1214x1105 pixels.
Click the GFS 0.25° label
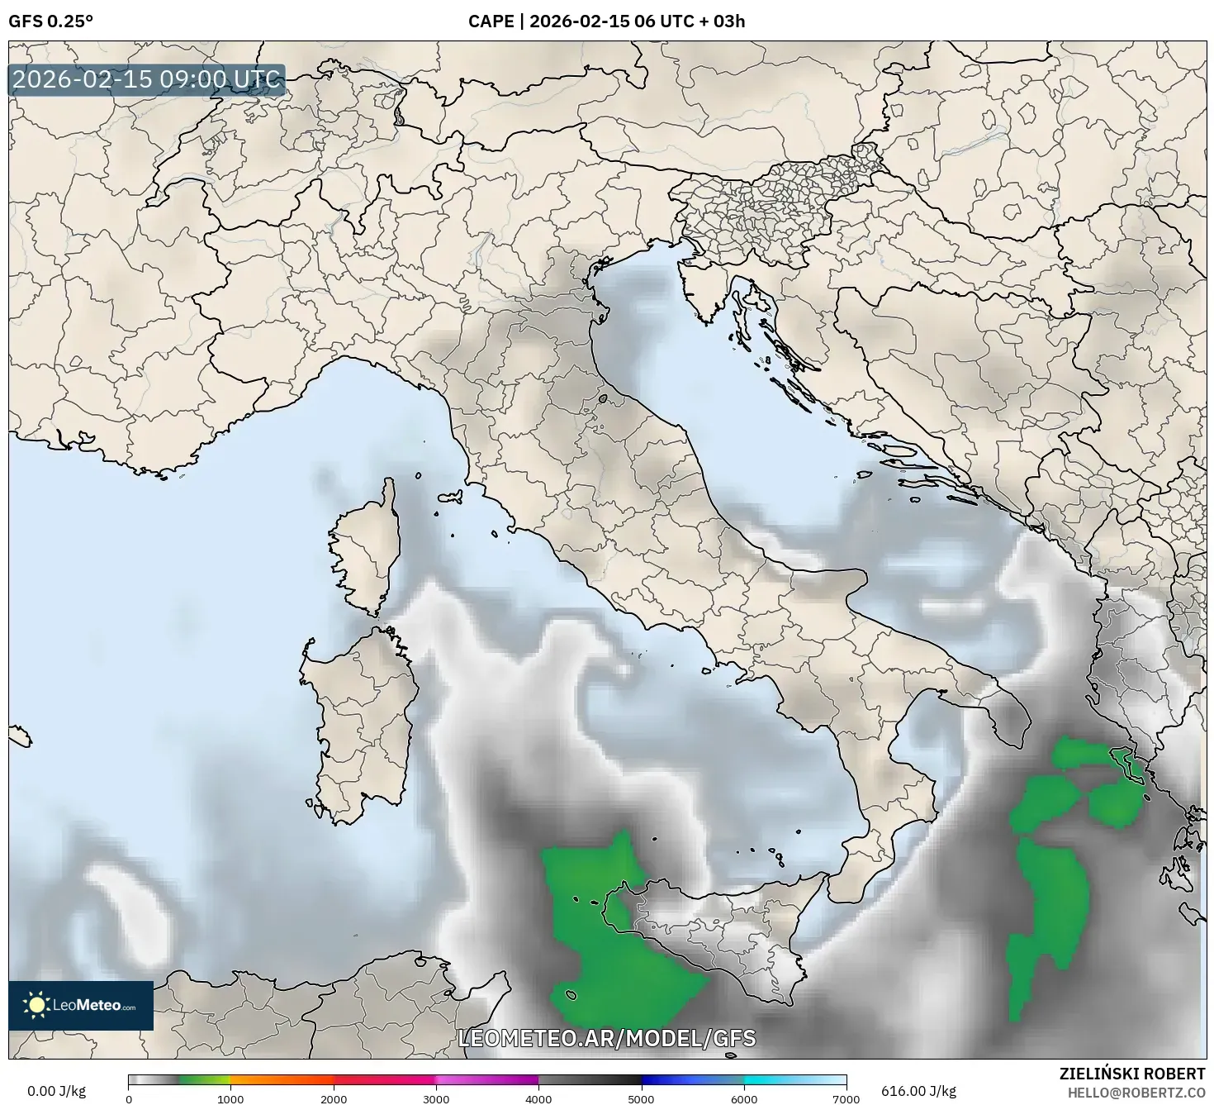click(50, 21)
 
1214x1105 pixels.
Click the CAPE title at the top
click(606, 21)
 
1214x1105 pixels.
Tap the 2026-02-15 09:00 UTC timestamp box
click(146, 80)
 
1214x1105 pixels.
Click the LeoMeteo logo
click(81, 1005)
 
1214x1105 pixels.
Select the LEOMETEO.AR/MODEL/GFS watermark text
click(606, 1038)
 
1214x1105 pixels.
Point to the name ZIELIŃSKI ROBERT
click(1132, 1074)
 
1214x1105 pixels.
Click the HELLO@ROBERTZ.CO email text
click(1136, 1092)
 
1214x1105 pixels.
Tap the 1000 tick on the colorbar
click(230, 1098)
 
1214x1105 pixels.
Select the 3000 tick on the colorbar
click(436, 1098)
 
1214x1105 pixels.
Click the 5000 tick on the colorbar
click(642, 1098)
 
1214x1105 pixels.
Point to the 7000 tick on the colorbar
click(846, 1098)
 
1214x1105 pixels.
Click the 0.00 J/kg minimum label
click(56, 1091)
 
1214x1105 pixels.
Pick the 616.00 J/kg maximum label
click(918, 1091)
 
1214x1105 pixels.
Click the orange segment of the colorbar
click(281, 1079)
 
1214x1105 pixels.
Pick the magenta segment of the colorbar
click(487, 1079)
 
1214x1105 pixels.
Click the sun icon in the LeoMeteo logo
click(37, 1005)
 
